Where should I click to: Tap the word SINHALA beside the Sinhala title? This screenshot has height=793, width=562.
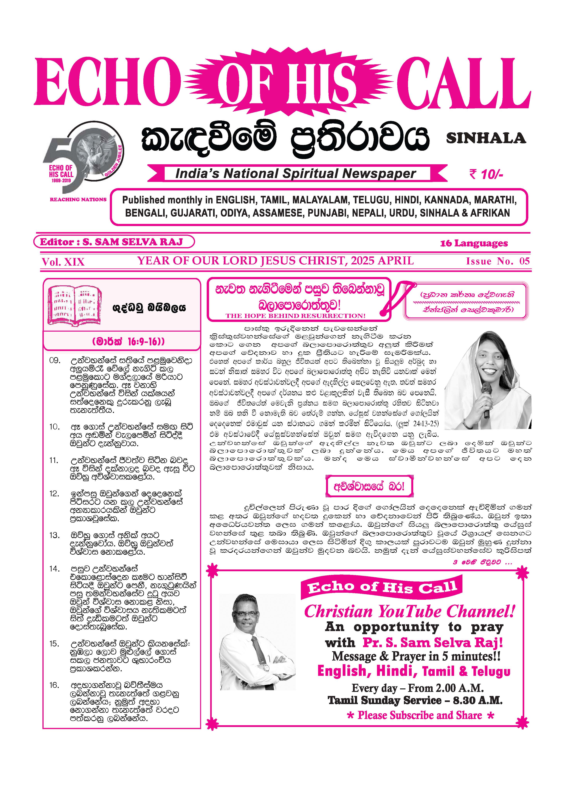[x=486, y=138]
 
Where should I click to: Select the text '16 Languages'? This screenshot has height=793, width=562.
[x=474, y=243]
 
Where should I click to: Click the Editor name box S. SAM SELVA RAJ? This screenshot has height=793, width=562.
[x=114, y=242]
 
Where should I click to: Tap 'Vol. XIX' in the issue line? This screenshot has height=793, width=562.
[x=63, y=262]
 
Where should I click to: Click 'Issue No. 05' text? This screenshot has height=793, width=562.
[x=498, y=261]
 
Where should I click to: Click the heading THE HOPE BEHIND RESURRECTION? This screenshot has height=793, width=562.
[x=296, y=316]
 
